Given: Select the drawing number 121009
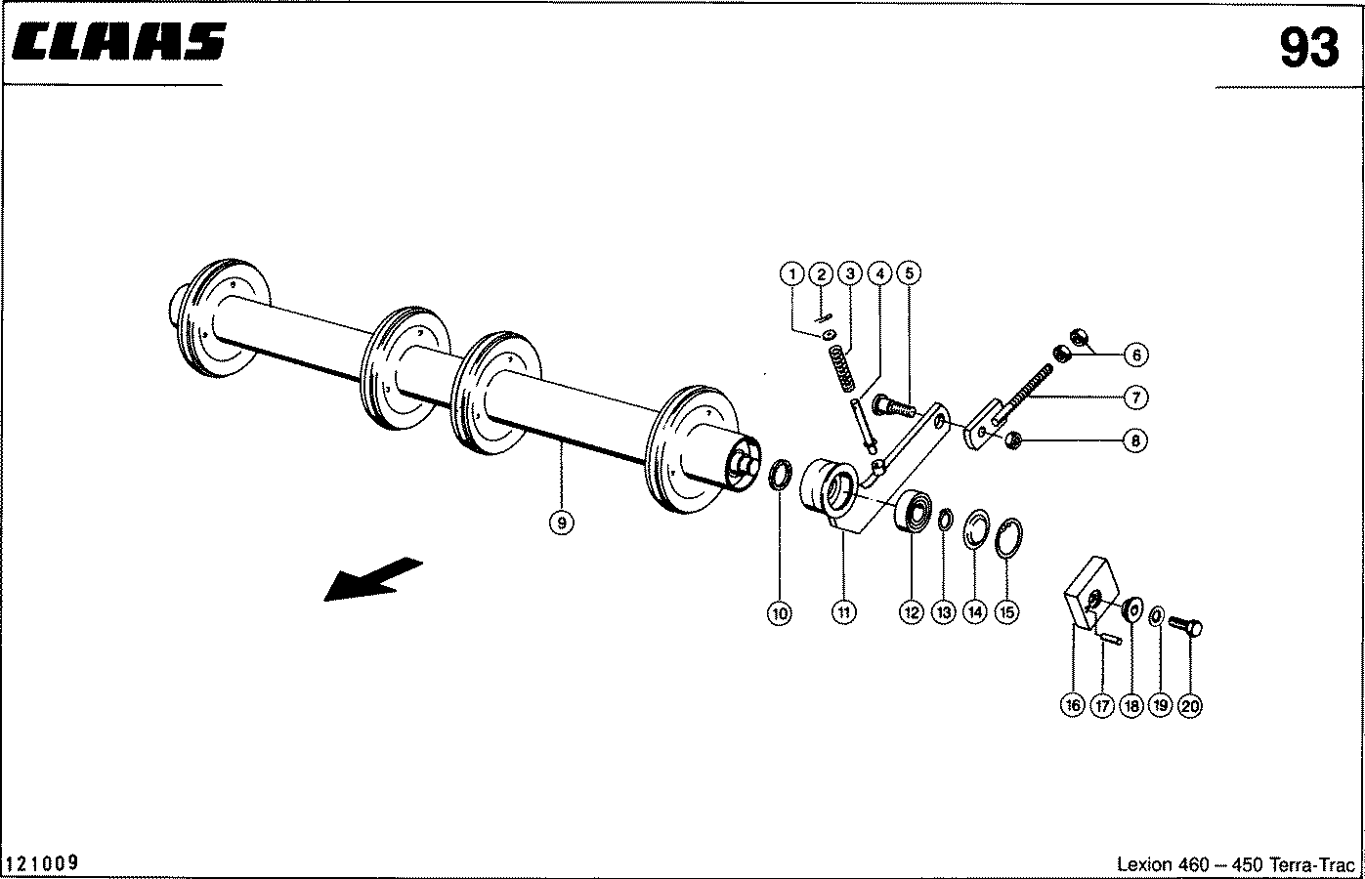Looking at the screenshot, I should tap(42, 863).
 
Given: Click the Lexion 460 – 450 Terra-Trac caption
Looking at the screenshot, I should tap(1235, 864).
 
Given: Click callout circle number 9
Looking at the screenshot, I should tap(561, 523).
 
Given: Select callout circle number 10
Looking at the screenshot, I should tap(779, 612).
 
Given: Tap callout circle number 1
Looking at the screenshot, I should tap(793, 274).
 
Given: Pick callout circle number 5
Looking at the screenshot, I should tap(908, 274).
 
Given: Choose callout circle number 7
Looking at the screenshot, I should tap(1134, 398).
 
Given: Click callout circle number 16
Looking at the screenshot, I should tap(1072, 705).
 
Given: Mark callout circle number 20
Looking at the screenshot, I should tap(1189, 705).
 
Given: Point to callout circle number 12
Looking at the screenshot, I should tap(911, 612).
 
